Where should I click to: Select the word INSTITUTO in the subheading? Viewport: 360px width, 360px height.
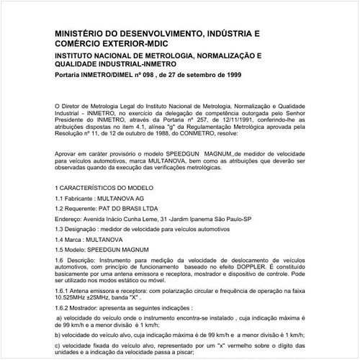click(78, 55)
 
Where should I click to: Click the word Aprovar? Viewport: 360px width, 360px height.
click(68, 154)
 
